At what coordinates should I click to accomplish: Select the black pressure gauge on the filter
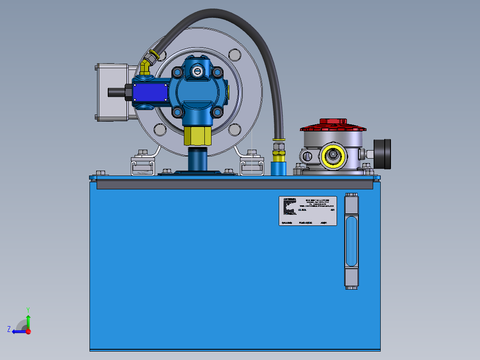coord(382,154)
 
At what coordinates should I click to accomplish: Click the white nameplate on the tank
coord(308,211)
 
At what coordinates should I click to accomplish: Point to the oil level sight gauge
coord(351,241)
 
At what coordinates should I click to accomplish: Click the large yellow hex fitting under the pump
coord(197,135)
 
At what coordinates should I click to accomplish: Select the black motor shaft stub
coord(117,92)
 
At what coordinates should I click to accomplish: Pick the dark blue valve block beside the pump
coord(151,93)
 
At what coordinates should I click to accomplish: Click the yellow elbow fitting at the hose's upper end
coord(145,67)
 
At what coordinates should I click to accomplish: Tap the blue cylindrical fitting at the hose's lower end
coord(278,168)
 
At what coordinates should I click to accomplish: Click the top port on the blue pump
coord(197,70)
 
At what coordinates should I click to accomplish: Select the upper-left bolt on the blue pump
coord(178,72)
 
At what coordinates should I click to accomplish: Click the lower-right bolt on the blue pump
coord(217,111)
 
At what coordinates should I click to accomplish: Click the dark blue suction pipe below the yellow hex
coord(197,159)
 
